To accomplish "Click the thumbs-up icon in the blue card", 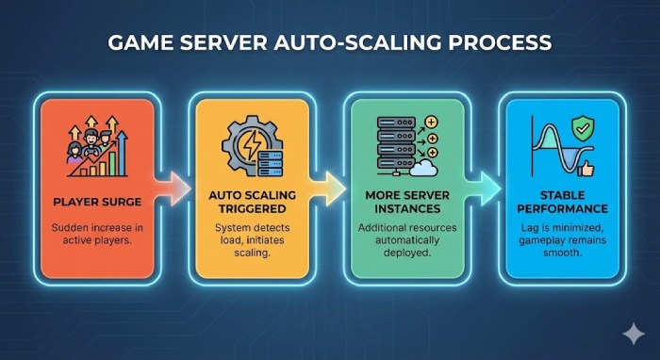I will [x=589, y=167].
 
